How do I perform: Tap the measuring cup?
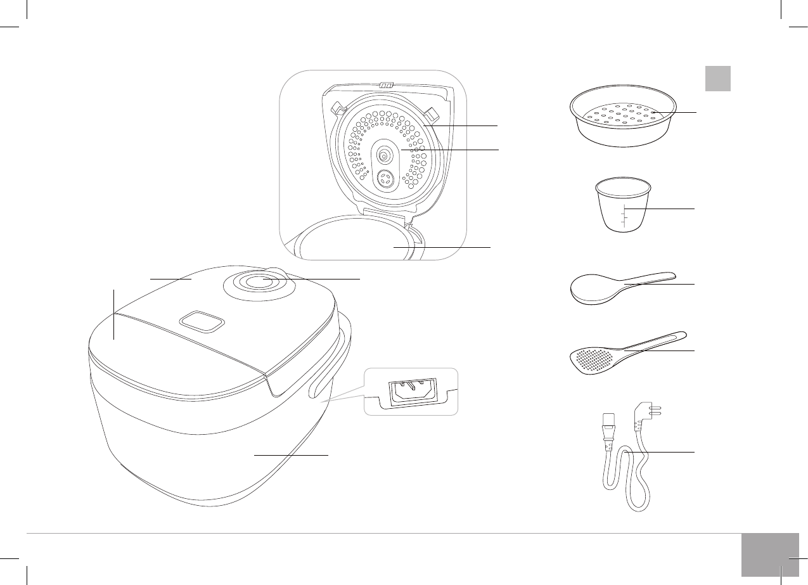coord(624,206)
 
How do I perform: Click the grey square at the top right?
coord(718,79)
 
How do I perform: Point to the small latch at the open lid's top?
coord(385,85)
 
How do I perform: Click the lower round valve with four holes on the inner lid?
coord(384,180)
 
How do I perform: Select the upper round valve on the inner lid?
coord(383,154)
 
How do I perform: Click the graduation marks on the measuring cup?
coord(624,216)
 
